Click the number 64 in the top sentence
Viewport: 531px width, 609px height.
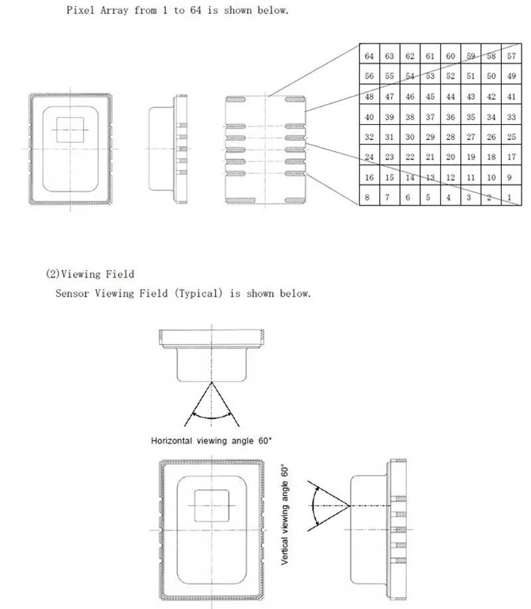click(x=196, y=10)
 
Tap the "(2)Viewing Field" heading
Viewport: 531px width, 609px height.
click(x=90, y=274)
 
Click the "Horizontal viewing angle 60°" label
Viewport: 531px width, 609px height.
click(x=211, y=440)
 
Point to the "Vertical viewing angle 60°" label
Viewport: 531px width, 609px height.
click(x=285, y=514)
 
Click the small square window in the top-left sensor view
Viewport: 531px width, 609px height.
click(x=70, y=130)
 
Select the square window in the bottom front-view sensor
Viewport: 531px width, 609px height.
click(x=212, y=506)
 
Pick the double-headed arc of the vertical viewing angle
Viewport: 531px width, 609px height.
click(x=313, y=506)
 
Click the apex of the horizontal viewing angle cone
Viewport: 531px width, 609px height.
click(x=212, y=382)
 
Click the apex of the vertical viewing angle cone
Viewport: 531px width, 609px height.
click(x=350, y=506)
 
